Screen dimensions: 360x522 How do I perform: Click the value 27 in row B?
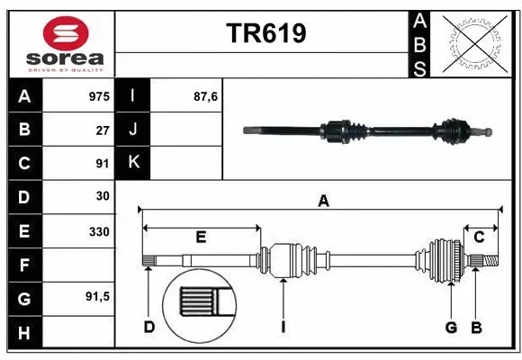[x=103, y=130]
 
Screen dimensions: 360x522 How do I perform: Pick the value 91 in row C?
[x=103, y=163]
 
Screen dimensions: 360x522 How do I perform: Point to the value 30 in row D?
[x=103, y=196]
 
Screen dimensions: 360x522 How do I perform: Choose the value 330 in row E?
[x=99, y=230]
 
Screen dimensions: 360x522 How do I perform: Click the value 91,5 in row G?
[x=97, y=296]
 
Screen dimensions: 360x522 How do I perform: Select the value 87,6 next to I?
[x=206, y=96]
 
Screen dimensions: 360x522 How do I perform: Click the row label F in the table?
[x=24, y=265]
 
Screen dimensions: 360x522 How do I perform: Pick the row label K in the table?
[x=133, y=163]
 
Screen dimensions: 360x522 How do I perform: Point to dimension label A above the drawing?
[x=323, y=202]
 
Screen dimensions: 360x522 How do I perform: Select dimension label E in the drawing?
[x=201, y=237]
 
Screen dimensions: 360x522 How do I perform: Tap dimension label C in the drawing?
[x=479, y=237]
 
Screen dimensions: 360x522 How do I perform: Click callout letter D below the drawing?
[x=149, y=327]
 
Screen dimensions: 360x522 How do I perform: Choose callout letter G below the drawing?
[x=451, y=327]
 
